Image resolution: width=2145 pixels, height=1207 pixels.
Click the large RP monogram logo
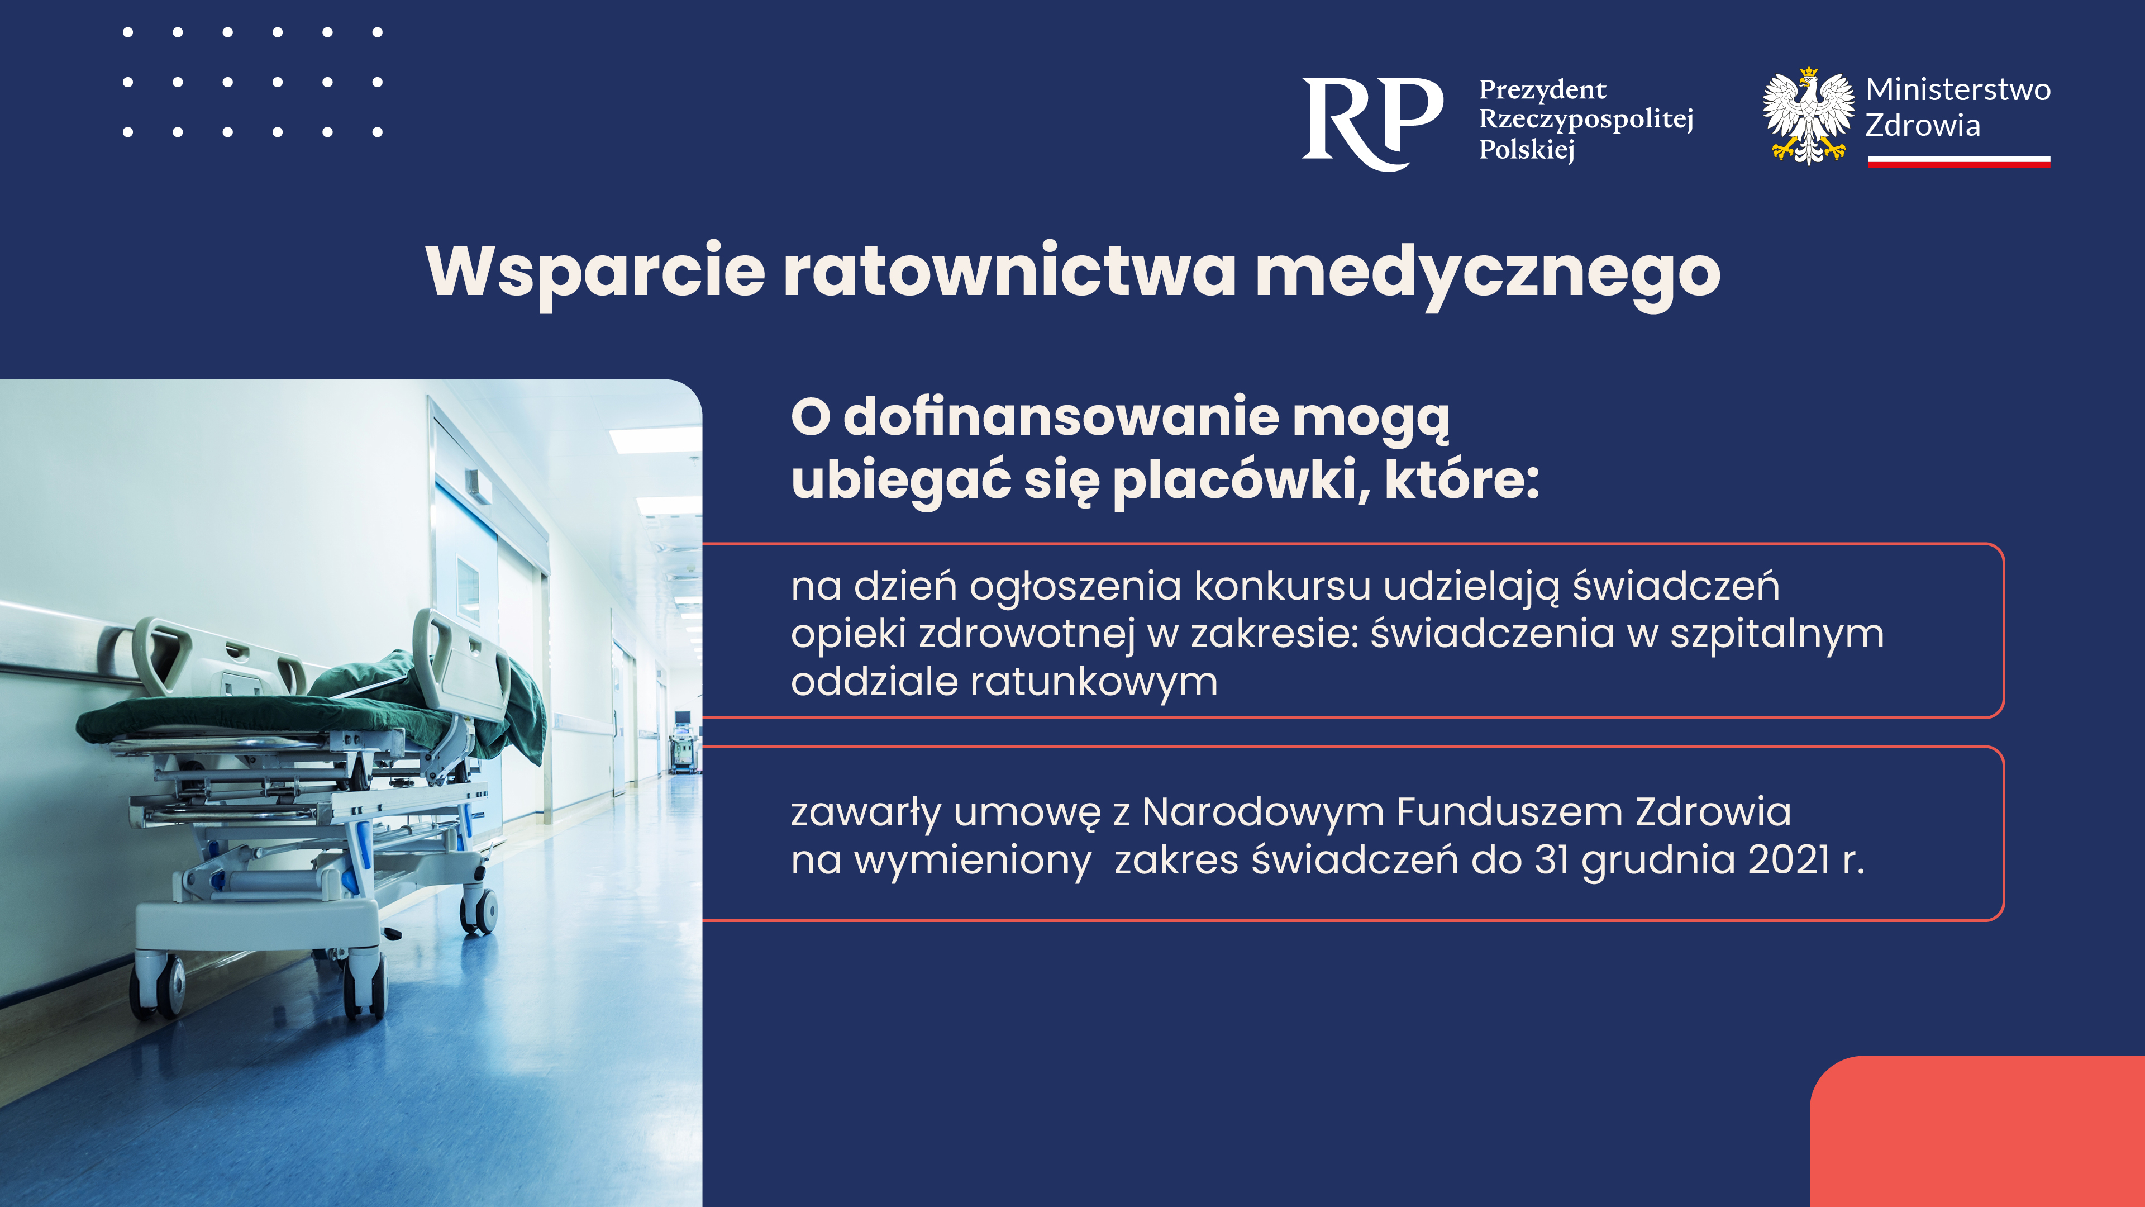coord(1372,123)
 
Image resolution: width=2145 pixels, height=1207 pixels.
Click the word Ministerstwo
coord(1958,89)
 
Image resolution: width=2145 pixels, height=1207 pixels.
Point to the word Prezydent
coord(1542,89)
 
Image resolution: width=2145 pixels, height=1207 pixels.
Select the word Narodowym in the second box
coord(1262,812)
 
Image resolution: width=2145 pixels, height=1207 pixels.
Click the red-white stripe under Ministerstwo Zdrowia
coord(1958,161)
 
